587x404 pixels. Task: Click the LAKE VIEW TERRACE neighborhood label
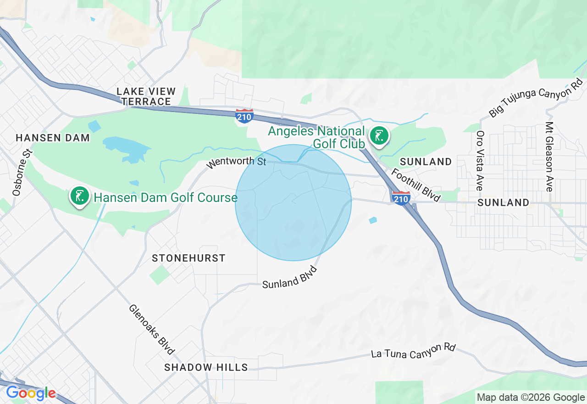coord(144,96)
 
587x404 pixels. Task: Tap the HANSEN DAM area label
coord(53,138)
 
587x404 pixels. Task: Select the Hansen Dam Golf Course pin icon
coord(80,196)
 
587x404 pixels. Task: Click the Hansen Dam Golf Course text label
coord(166,198)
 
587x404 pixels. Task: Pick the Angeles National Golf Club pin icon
coord(379,136)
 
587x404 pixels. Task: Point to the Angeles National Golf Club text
coord(316,137)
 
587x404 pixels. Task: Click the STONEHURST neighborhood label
coord(188,258)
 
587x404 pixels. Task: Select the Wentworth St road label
coord(236,163)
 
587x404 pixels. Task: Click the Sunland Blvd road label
coord(290,277)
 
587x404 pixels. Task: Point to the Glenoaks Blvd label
coord(152,330)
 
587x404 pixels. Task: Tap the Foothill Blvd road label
coord(415,185)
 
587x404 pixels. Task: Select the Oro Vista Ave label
coord(480,161)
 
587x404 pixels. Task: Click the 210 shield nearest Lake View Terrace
coord(244,116)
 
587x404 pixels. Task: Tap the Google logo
coord(31,393)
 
